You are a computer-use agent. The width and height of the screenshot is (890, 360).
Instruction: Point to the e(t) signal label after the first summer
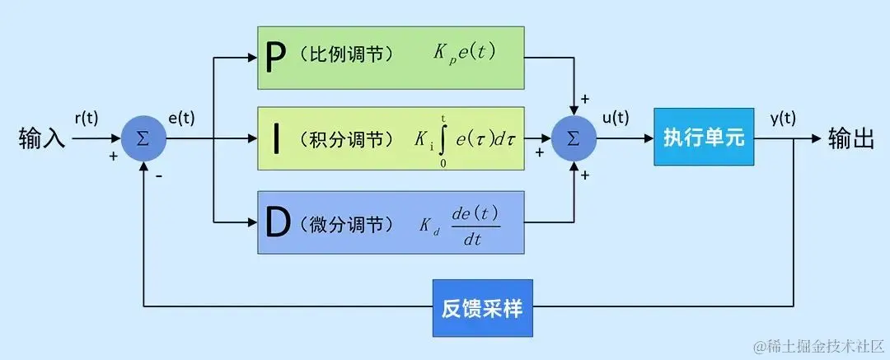[181, 118]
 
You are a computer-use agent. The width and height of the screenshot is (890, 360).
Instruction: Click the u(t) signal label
[615, 118]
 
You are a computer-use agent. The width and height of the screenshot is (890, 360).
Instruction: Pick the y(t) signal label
[783, 118]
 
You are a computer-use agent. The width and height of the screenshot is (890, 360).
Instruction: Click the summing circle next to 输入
[143, 138]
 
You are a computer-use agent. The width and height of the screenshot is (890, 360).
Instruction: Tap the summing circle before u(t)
[574, 138]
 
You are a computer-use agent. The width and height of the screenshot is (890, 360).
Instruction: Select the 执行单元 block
[704, 138]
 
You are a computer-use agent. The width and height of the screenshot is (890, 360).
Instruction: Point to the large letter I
[276, 138]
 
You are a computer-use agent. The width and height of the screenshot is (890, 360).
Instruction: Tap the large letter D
[279, 222]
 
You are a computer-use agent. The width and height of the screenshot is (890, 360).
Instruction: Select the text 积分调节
[347, 139]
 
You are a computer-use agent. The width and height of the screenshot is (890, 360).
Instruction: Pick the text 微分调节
[347, 223]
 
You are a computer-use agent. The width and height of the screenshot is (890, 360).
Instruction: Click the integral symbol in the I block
[444, 140]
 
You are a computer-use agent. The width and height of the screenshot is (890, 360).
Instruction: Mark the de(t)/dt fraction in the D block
[475, 224]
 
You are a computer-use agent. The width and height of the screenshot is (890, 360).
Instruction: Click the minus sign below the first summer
[158, 175]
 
